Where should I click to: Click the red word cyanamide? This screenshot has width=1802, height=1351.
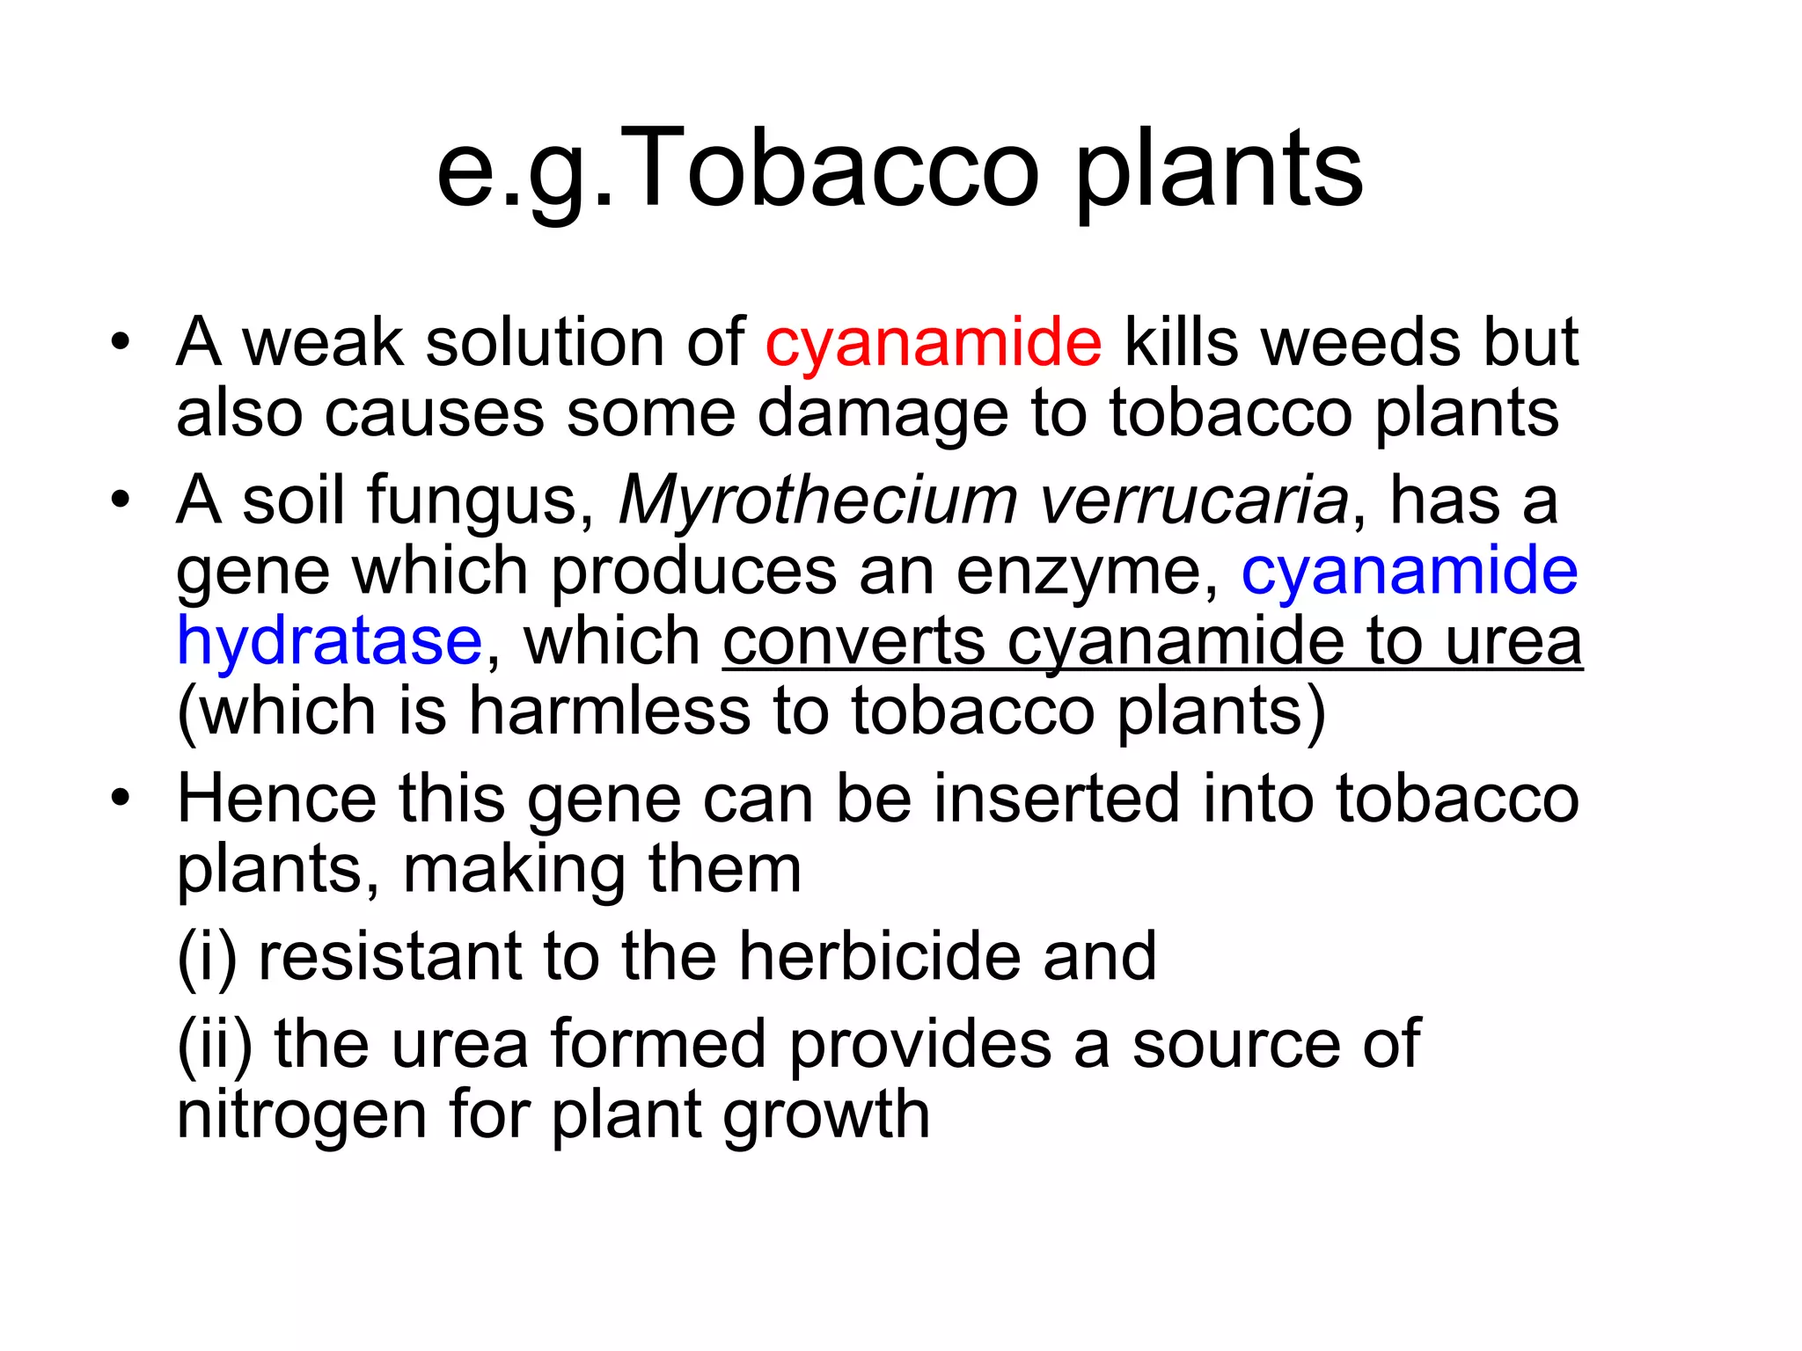coord(933,342)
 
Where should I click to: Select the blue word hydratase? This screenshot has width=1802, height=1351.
coord(329,641)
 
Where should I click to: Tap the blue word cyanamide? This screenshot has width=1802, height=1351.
coord(1410,571)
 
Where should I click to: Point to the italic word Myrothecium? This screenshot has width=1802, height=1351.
coord(818,500)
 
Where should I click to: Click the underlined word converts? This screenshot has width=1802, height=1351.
coord(853,641)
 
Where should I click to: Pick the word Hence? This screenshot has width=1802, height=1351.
coord(277,799)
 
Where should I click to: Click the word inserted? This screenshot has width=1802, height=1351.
coord(1056,799)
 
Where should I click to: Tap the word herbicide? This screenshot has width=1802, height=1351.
coord(880,956)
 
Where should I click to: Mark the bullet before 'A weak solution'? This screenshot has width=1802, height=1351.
coord(121,342)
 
